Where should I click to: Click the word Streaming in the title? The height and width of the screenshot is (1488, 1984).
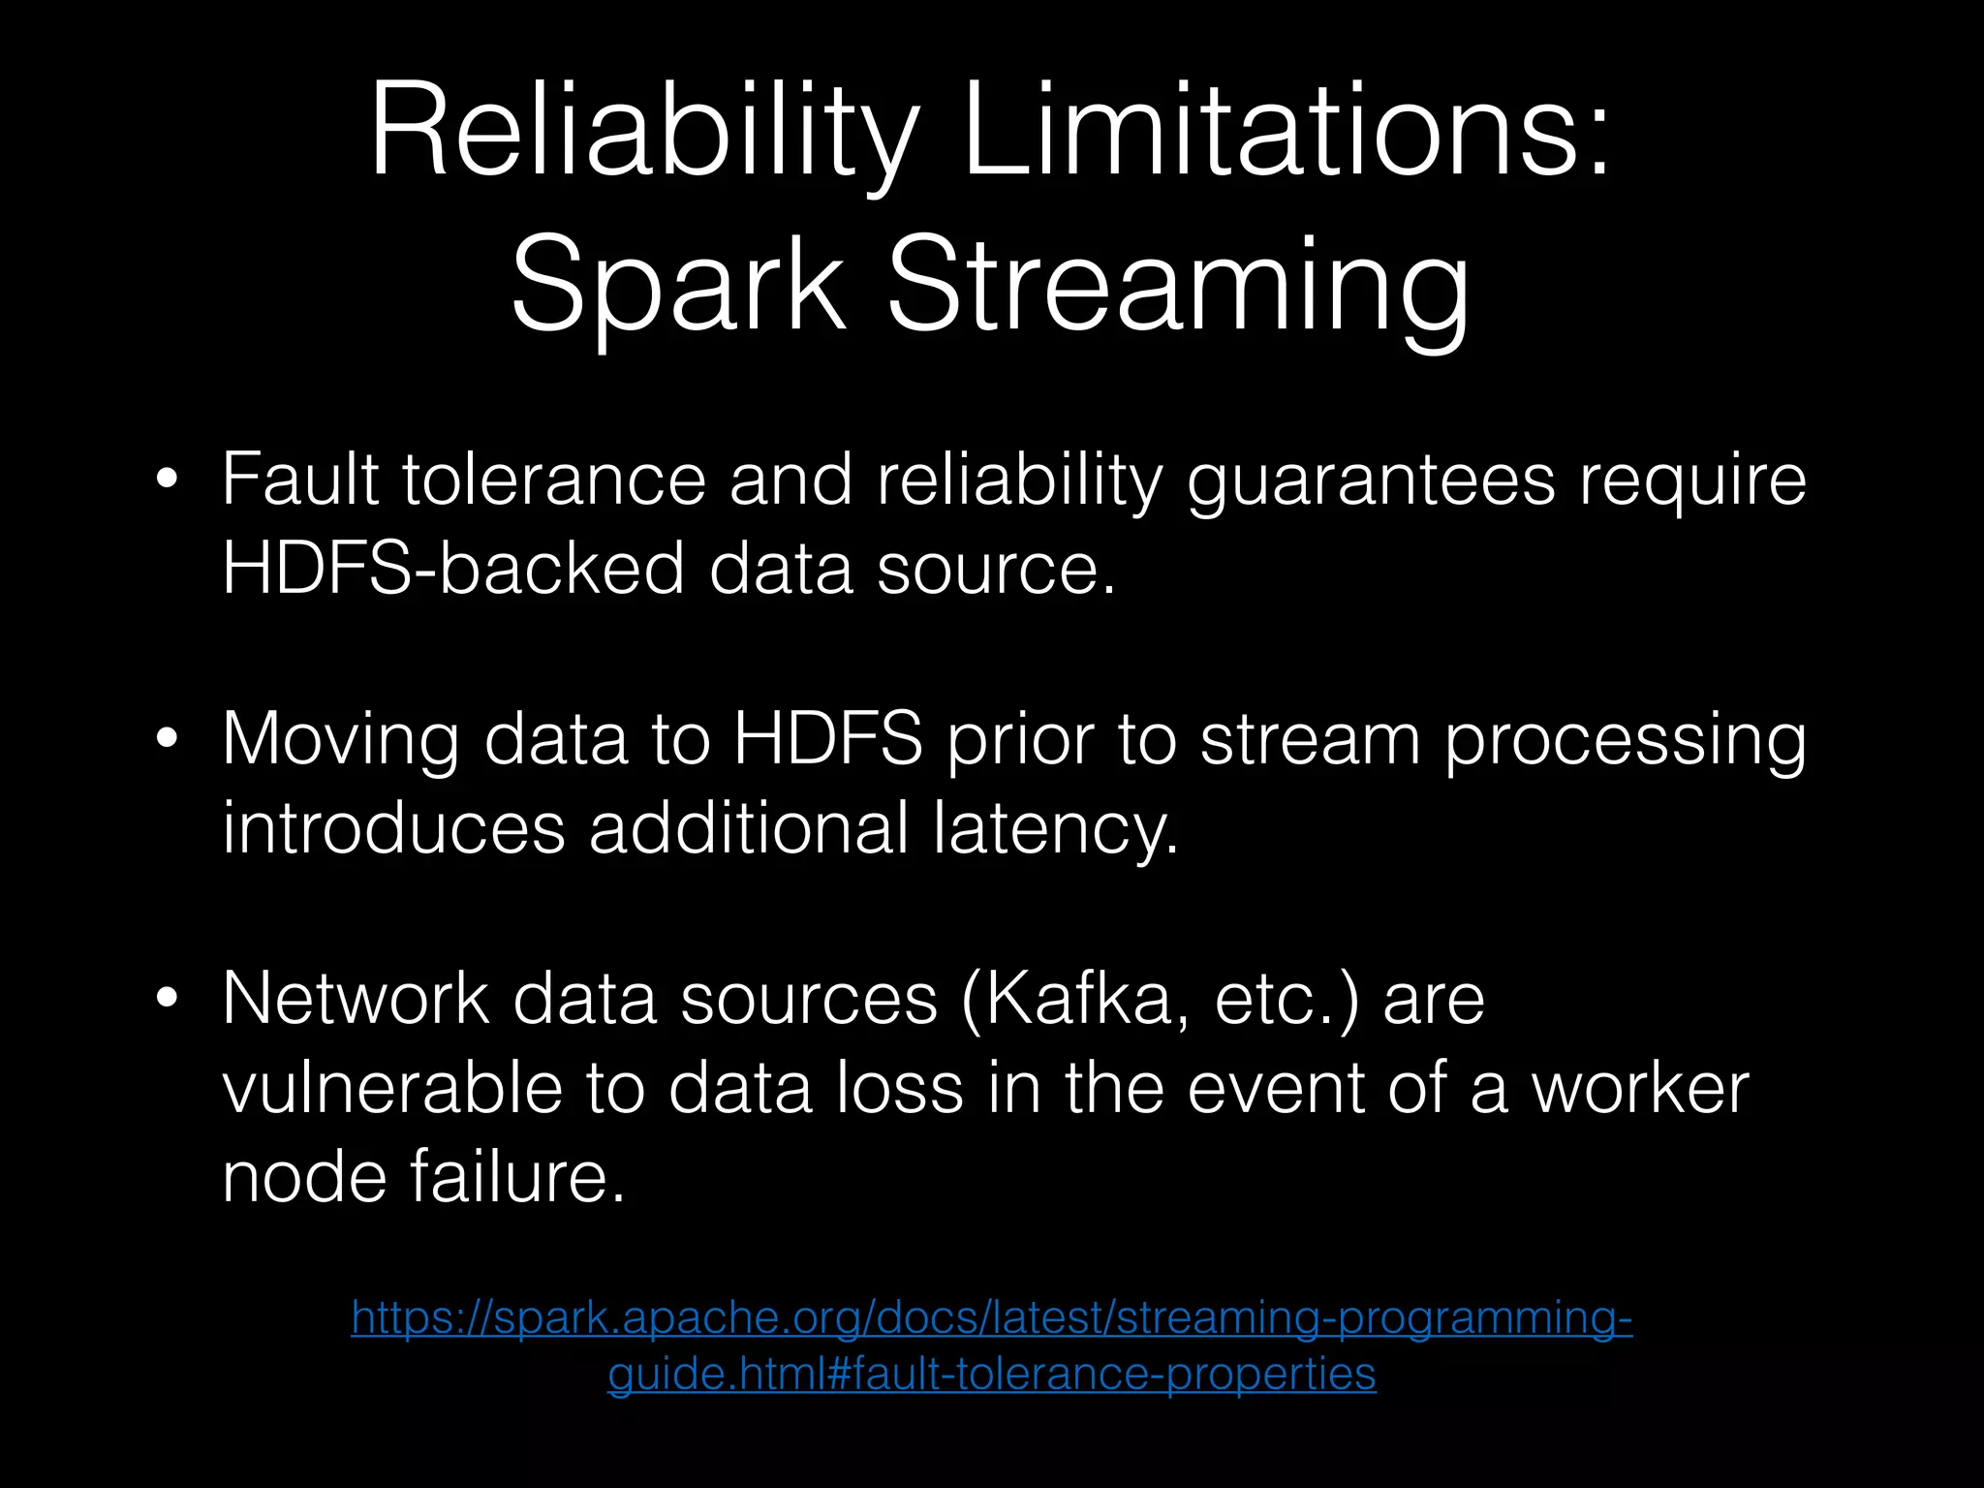(1177, 286)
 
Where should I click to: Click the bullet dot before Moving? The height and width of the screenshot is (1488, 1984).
(168, 739)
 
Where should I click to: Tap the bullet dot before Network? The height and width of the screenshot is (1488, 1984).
(168, 999)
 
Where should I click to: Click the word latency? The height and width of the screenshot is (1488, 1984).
(1056, 828)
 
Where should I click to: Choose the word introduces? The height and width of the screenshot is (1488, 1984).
(393, 828)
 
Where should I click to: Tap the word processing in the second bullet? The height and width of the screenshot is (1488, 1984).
(1625, 739)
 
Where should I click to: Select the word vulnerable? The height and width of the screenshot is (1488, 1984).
(391, 1088)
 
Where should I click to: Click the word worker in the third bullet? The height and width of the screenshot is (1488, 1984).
(1639, 1088)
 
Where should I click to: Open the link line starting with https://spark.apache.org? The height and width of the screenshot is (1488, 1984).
(991, 1318)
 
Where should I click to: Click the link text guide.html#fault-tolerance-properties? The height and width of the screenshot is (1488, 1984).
(991, 1374)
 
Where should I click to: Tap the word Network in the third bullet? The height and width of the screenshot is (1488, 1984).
(356, 999)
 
